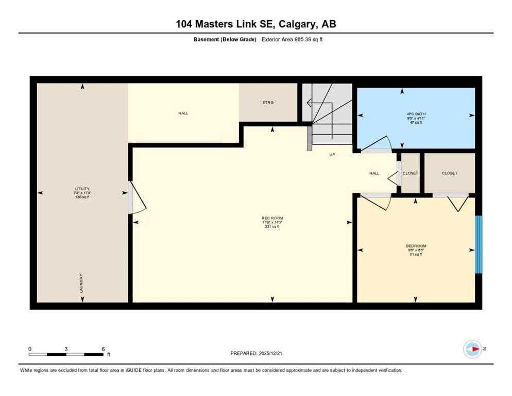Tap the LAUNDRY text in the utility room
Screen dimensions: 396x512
click(81, 283)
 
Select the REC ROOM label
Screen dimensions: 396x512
click(272, 218)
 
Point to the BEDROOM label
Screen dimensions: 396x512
click(416, 246)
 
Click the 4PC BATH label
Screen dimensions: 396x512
click(416, 114)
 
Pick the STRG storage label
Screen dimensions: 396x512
click(268, 103)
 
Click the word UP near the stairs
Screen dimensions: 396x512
click(332, 154)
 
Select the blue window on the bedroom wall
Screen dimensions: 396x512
click(479, 244)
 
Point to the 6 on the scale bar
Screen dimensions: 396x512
click(103, 349)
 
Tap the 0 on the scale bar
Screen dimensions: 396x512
click(30, 349)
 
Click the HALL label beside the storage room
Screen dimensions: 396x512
click(183, 113)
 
